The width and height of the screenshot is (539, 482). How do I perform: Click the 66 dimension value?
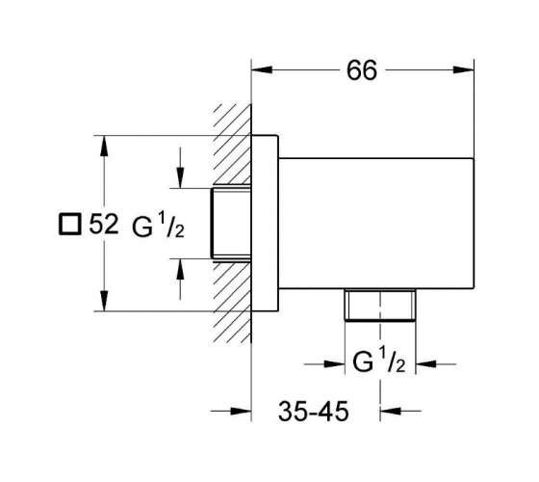pos(362,70)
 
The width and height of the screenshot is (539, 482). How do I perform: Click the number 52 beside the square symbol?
pos(104,224)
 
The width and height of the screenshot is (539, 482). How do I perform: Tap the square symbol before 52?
pos(69,224)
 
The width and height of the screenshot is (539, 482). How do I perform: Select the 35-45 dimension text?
pos(313,411)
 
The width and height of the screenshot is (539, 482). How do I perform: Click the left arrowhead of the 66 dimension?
pos(262,69)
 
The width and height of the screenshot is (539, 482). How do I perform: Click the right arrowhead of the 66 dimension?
pos(464,69)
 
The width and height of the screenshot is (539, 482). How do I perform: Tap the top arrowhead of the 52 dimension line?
pos(104,146)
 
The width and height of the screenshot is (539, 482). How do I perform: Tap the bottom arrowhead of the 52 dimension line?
pos(104,301)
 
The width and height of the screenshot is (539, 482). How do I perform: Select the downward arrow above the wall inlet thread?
pos(180,168)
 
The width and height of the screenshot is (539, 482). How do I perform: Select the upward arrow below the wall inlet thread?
pos(180,279)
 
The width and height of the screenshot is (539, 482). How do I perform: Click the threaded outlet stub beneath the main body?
pos(380,305)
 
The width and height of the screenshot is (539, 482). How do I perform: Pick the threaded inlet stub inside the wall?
pos(231,223)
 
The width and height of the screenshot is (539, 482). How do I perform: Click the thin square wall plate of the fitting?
pos(265,223)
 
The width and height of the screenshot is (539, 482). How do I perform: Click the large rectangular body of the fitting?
pos(376,223)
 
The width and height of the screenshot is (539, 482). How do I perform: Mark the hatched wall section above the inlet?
pos(232,144)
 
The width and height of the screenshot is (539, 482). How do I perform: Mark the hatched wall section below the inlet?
pos(232,303)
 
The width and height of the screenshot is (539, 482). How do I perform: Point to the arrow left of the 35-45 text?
pos(231,411)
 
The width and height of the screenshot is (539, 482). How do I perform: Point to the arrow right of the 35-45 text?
pos(400,411)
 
